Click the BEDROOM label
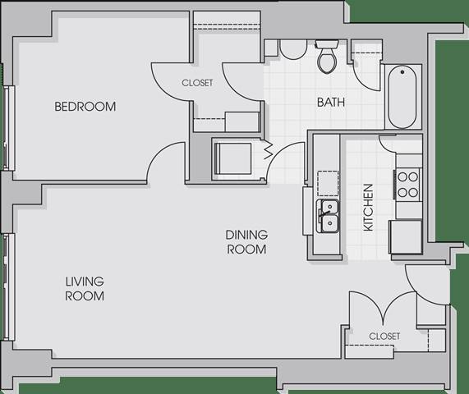(x=85, y=107)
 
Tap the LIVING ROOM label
(x=85, y=289)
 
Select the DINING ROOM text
(x=246, y=242)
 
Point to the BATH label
(x=331, y=103)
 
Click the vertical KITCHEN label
(x=368, y=208)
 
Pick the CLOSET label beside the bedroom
(x=197, y=83)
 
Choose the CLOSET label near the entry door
(x=384, y=337)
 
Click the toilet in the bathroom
(x=327, y=57)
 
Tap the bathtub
(x=402, y=97)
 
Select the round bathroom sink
(x=293, y=49)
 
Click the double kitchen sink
(x=328, y=216)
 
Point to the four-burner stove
(x=408, y=185)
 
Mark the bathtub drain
(x=402, y=72)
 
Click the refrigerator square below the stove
(x=405, y=236)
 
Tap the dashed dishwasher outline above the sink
(x=328, y=183)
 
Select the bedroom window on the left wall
(x=9, y=128)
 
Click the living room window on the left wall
(x=9, y=287)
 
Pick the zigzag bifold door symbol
(x=268, y=151)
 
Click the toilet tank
(x=327, y=44)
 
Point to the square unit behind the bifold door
(x=233, y=158)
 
